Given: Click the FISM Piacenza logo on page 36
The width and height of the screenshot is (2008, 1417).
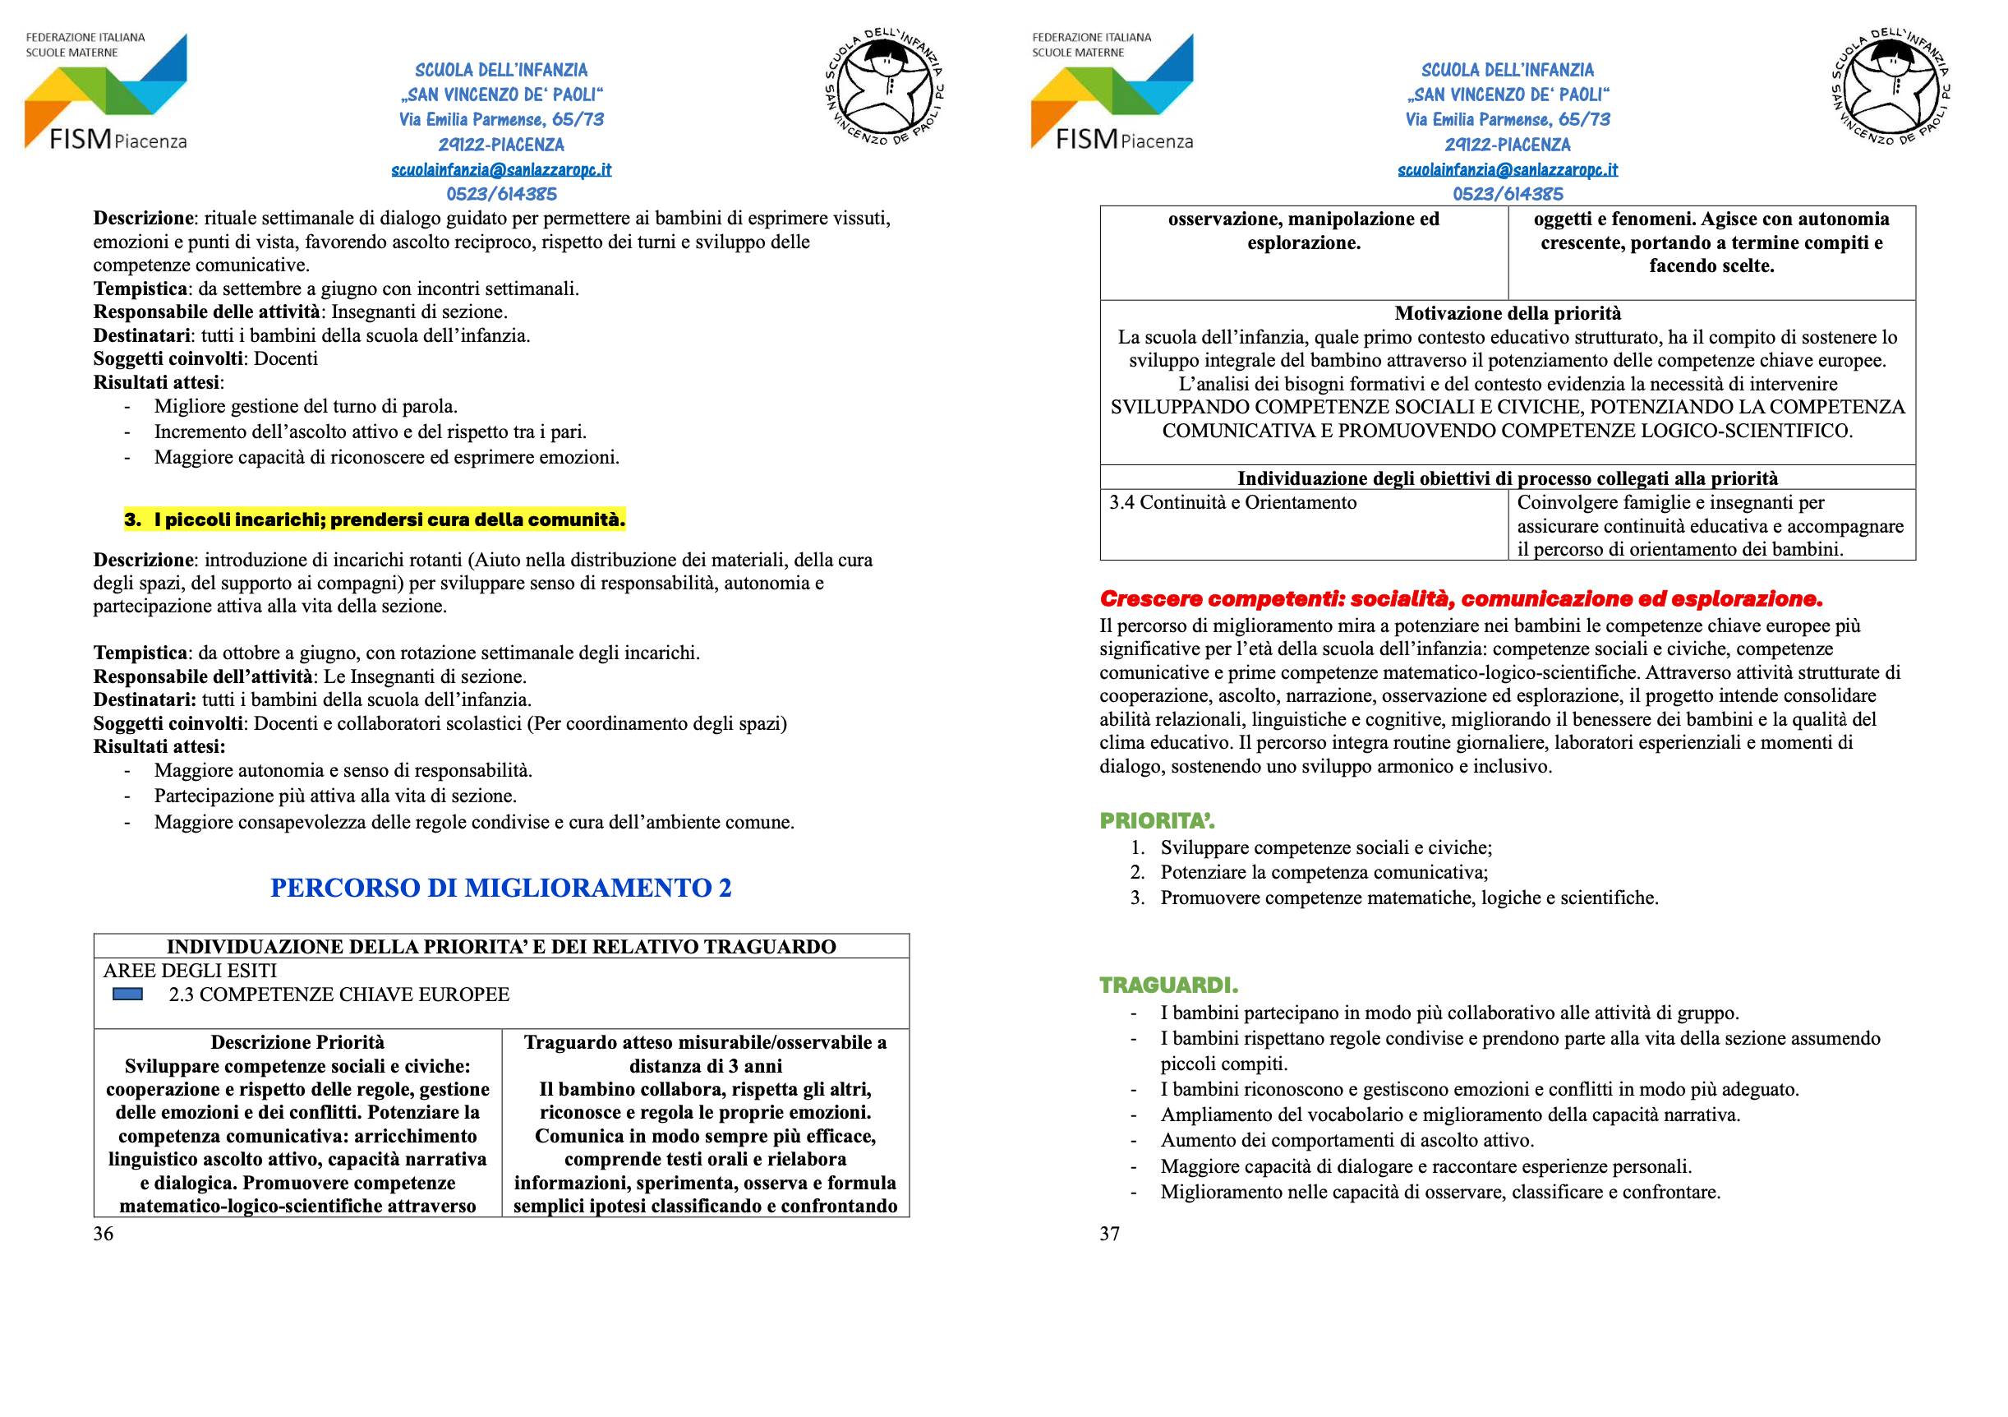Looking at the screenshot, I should click(x=106, y=93).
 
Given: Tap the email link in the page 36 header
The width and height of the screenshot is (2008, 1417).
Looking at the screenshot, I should click(x=501, y=169).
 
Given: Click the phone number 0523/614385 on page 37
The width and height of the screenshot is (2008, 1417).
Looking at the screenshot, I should click(x=1507, y=194).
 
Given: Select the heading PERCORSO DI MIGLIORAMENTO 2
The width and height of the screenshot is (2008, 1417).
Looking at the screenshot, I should click(x=500, y=888).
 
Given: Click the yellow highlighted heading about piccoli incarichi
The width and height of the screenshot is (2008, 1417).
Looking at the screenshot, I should click(x=375, y=519).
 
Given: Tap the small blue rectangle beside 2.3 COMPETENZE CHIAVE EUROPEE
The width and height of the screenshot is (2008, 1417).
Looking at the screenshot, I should click(x=127, y=995).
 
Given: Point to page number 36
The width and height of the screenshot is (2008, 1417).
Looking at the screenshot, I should click(x=104, y=1234).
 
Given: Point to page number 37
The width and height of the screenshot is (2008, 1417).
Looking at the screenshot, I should click(x=1109, y=1234).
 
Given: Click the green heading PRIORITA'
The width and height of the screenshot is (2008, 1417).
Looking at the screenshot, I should click(x=1156, y=820).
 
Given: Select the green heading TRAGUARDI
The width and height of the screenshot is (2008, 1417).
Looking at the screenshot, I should click(x=1168, y=985).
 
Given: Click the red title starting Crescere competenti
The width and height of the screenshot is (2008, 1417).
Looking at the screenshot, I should click(x=1461, y=599).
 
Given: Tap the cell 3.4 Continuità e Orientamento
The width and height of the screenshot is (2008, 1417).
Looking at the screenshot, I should click(x=1232, y=503).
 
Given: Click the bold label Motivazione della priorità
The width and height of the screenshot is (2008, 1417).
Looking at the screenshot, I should click(x=1507, y=313).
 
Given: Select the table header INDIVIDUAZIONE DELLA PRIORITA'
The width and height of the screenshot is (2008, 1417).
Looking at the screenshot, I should click(x=501, y=946).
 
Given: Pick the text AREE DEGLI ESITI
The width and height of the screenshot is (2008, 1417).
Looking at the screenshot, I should click(x=190, y=971).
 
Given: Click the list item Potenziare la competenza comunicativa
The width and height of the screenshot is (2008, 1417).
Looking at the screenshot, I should click(x=1324, y=872).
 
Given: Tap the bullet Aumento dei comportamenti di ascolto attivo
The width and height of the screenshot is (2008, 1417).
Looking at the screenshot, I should click(x=1347, y=1141).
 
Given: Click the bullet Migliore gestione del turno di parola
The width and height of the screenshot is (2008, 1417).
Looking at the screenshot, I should click(x=305, y=406).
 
